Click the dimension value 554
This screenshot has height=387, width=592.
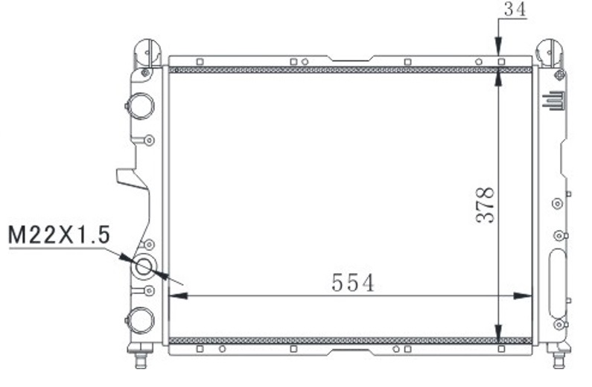click(352, 283)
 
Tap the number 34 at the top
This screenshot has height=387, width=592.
click(514, 9)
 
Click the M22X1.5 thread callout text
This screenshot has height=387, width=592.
click(60, 236)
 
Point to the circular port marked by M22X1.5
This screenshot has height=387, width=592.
click(143, 266)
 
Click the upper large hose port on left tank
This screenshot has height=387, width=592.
click(141, 106)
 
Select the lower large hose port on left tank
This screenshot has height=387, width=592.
click(141, 319)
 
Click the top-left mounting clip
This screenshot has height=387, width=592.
click(147, 52)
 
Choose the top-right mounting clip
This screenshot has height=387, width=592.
click(550, 52)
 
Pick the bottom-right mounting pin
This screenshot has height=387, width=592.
click(558, 359)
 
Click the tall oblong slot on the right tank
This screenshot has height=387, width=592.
click(557, 283)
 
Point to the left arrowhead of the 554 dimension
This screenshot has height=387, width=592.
click(176, 295)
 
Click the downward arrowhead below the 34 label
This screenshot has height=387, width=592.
click(500, 49)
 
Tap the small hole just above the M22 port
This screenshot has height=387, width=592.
click(148, 244)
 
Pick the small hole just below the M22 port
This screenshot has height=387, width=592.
click(148, 290)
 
